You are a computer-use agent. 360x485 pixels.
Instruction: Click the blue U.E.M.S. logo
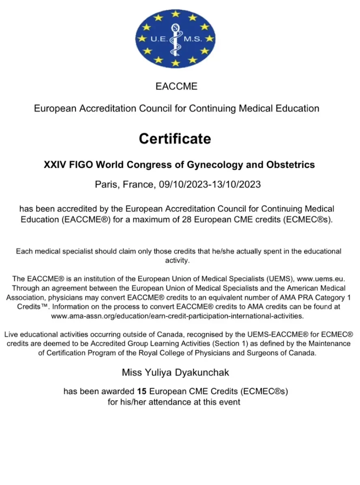(175, 39)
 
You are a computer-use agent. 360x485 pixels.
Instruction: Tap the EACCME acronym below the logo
(176, 86)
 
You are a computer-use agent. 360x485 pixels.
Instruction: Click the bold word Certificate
(175, 139)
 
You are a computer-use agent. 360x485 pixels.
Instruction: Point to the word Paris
(106, 185)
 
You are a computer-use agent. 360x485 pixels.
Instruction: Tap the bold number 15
(141, 391)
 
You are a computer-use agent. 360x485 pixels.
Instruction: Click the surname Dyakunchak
(203, 372)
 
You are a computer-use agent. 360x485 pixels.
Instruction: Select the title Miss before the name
(131, 372)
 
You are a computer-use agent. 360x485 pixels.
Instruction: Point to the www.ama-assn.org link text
(177, 315)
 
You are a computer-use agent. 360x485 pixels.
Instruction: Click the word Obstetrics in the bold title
(290, 165)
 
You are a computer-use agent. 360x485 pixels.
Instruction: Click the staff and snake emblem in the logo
(175, 39)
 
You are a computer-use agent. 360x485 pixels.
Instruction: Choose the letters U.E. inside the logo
(159, 39)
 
